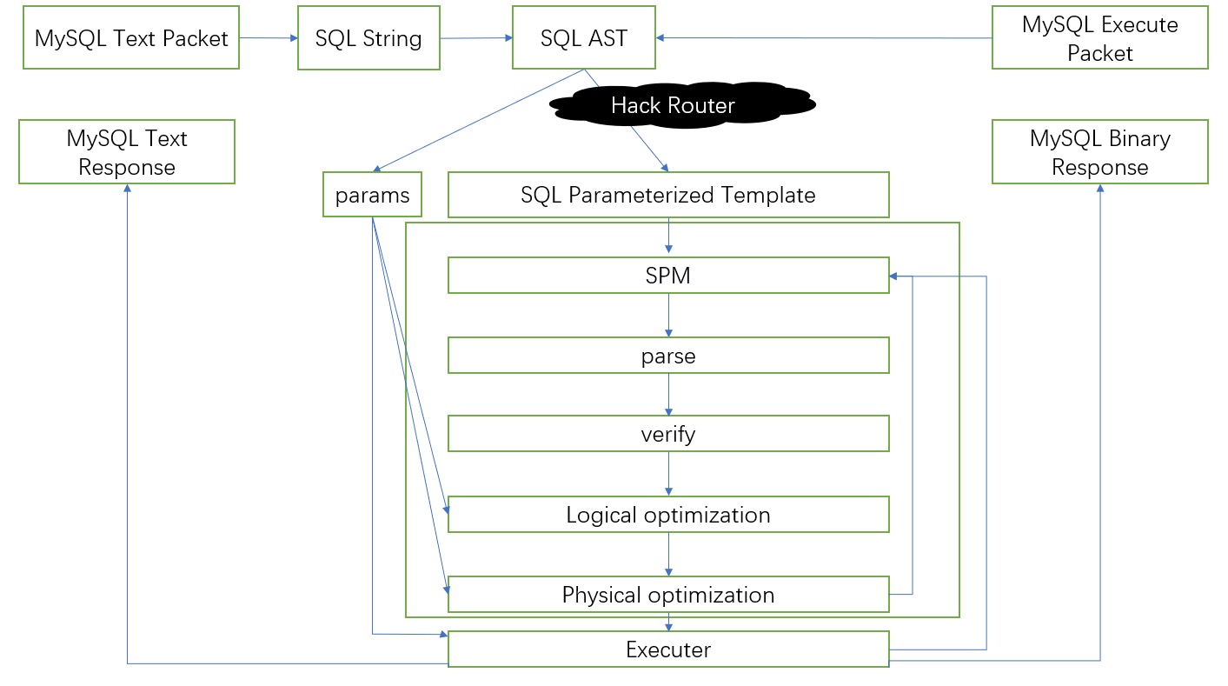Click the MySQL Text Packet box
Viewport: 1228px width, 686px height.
[x=131, y=37]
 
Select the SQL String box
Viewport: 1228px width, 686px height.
[x=368, y=38]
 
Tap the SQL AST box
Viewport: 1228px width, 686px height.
[x=584, y=37]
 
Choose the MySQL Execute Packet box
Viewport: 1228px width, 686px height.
[x=1099, y=37]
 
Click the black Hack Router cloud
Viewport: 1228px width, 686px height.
[x=682, y=104]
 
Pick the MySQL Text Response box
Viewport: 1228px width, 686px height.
[x=127, y=152]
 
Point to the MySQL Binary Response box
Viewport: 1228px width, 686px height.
[x=1099, y=152]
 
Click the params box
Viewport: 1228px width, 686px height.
[x=372, y=195]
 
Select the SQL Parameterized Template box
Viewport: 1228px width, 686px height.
[x=668, y=195]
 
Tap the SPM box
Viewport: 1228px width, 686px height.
[x=668, y=276]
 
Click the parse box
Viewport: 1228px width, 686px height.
[x=668, y=356]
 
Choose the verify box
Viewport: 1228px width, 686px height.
[x=668, y=434]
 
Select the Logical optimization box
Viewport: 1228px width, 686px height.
[x=668, y=515]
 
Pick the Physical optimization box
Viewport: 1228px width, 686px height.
[x=668, y=595]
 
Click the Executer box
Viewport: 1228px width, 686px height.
[x=668, y=649]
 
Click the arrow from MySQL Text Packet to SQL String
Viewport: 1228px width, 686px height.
[x=269, y=38]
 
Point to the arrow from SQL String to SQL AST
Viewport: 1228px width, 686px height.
[x=476, y=38]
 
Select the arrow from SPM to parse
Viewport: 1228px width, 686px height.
[x=668, y=316]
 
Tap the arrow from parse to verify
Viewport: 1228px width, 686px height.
[x=668, y=395]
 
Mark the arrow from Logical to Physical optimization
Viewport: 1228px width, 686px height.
[x=668, y=555]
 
